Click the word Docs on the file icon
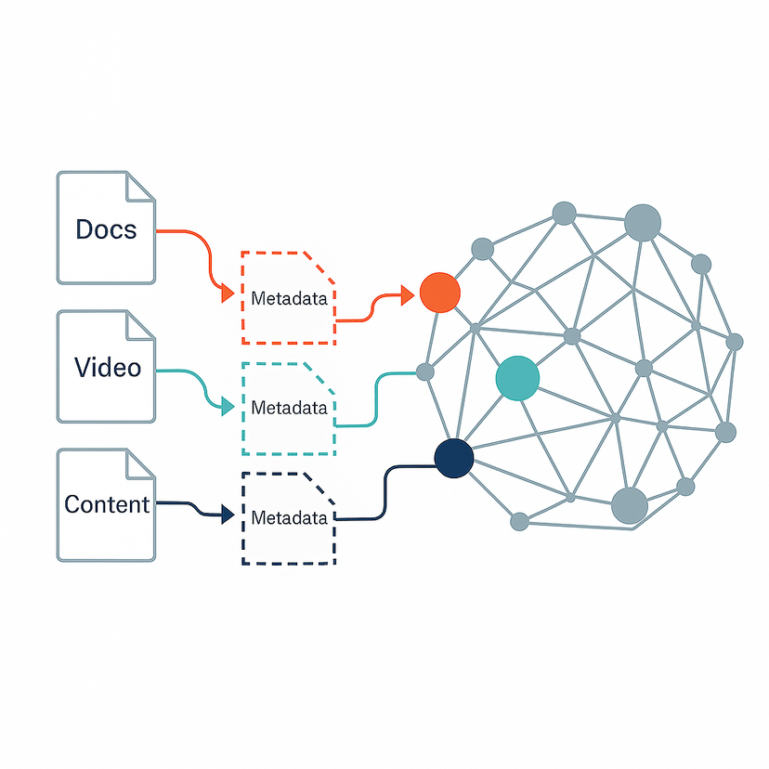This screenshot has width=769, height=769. pos(106,228)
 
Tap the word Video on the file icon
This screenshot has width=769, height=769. pos(108,367)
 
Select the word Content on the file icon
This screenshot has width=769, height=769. pos(107,504)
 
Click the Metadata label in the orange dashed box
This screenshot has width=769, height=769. pos(289,299)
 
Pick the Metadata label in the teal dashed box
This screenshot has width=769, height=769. pos(289,408)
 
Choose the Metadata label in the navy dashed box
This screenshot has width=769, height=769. pos(289,517)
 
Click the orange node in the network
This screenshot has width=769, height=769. pos(439,293)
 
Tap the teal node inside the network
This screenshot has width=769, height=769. pos(517,378)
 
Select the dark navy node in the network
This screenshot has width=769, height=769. pos(453,458)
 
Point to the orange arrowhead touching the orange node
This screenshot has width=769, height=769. pos(407,296)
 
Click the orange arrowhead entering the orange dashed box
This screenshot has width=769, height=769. pos(227,295)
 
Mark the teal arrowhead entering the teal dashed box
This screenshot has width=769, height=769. pos(227,406)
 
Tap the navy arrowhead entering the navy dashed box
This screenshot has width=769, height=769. pos(227,515)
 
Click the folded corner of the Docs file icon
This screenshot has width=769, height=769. pos(140,186)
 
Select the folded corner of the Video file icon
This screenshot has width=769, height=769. pos(140,325)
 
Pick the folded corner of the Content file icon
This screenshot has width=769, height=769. pos(140,463)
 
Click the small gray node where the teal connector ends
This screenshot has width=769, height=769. pos(424,372)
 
